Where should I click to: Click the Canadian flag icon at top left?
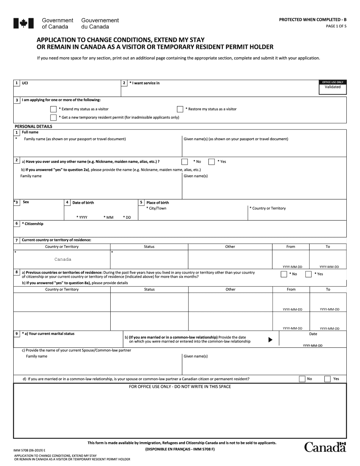pyautogui.click(x=21, y=23)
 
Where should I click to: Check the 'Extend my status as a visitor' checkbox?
pyautogui.click(x=53, y=109)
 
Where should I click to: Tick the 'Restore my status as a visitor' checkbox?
pyautogui.click(x=180, y=109)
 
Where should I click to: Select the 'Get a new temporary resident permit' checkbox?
pyautogui.click(x=53, y=117)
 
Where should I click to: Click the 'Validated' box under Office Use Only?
pyautogui.click(x=332, y=87)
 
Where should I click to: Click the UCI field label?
pyautogui.click(x=25, y=83)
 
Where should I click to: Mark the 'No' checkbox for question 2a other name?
pyautogui.click(x=185, y=162)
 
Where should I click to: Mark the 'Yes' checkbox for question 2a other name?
pyautogui.click(x=211, y=162)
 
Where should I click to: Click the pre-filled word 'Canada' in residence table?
pyautogui.click(x=63, y=260)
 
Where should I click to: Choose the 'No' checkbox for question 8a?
pyautogui.click(x=284, y=274)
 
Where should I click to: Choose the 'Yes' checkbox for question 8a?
pyautogui.click(x=308, y=274)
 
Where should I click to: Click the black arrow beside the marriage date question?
pyautogui.click(x=270, y=340)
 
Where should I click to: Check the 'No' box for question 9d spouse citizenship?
pyautogui.click(x=302, y=379)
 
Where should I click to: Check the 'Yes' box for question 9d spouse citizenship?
pyautogui.click(x=327, y=379)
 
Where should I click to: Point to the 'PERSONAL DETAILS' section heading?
pyautogui.click(x=33, y=127)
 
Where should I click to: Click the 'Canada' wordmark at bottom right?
pyautogui.click(x=325, y=447)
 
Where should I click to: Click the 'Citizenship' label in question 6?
pyautogui.click(x=33, y=224)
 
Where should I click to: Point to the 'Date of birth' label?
pyautogui.click(x=83, y=203)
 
